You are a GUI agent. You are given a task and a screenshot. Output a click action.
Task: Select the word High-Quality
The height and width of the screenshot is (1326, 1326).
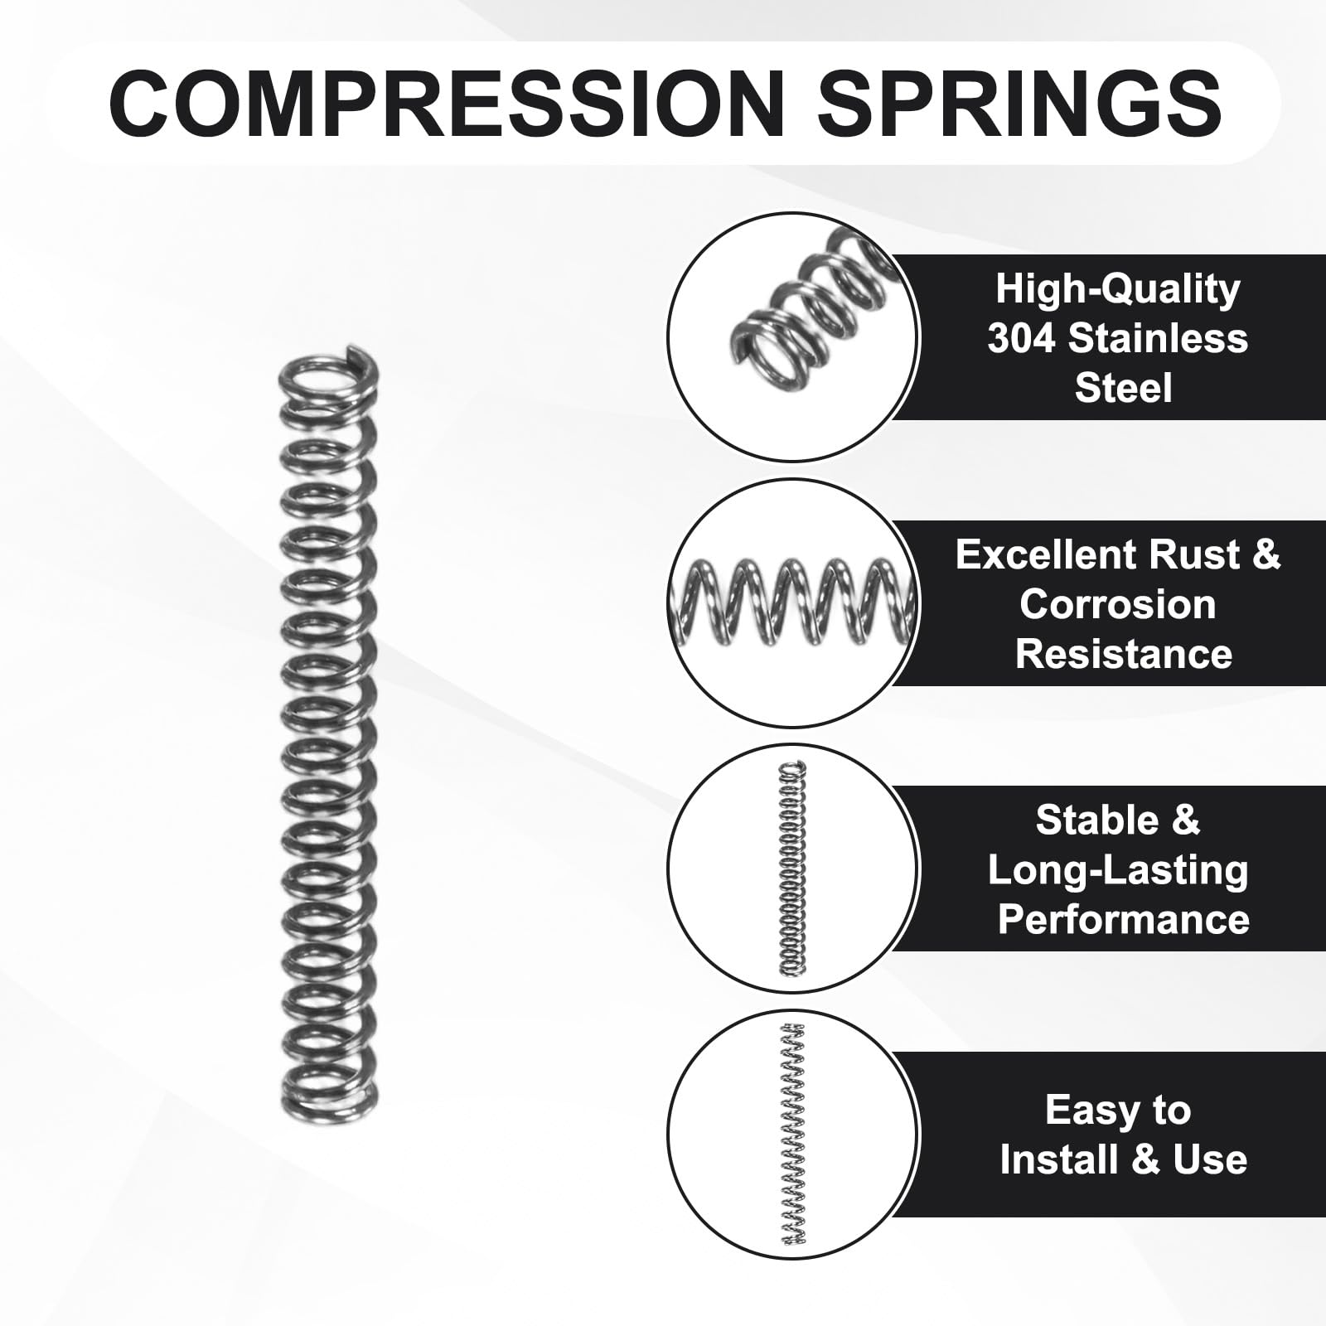(1117, 289)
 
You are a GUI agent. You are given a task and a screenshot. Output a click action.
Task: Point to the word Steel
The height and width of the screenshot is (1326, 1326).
(1123, 388)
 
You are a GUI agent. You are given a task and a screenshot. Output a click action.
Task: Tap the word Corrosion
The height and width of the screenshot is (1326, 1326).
(1117, 604)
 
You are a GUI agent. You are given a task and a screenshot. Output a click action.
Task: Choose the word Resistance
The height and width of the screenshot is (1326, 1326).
(1123, 654)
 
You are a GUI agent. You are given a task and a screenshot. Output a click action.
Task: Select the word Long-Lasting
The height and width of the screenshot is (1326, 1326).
(1117, 870)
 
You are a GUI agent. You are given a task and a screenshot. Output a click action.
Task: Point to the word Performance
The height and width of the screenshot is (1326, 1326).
(1123, 920)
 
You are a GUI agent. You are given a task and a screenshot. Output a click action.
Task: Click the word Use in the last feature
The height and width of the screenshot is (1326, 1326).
(1209, 1159)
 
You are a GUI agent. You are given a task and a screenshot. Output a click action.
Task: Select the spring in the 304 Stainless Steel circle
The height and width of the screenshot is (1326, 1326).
(808, 298)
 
